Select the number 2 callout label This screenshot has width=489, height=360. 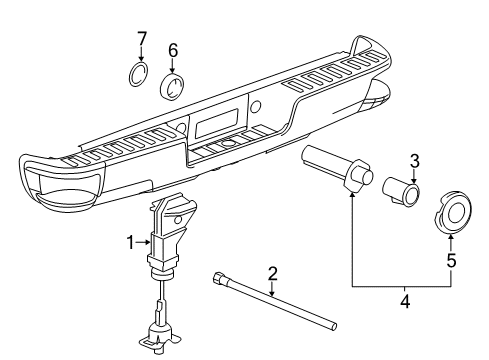click(271, 273)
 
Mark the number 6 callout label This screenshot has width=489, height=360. click(172, 50)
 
